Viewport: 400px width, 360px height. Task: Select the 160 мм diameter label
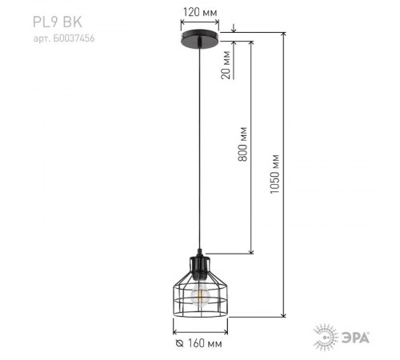coord(203,343)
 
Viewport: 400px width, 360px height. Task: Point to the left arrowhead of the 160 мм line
coord(176,328)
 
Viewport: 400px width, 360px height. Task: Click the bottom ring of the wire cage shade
coord(200,314)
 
